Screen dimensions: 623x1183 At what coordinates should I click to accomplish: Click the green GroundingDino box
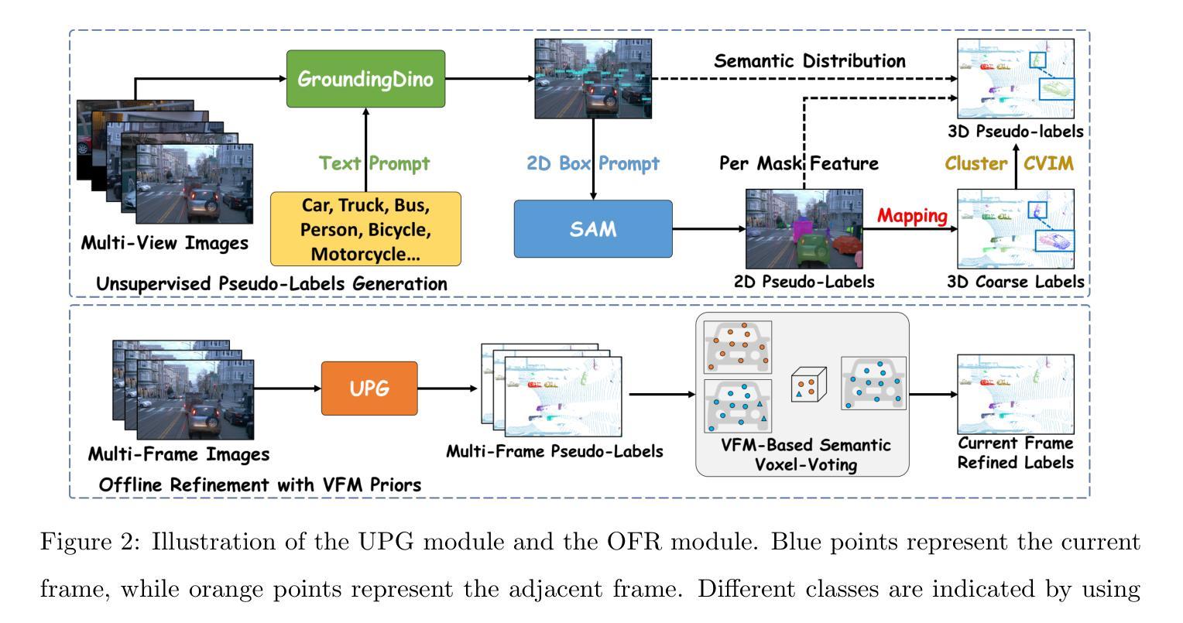[x=365, y=79]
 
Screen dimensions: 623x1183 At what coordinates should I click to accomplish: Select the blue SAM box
[x=593, y=229]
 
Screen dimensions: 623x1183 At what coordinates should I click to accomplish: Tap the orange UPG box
[x=369, y=389]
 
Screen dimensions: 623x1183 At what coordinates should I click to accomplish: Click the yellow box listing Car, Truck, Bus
[x=365, y=229]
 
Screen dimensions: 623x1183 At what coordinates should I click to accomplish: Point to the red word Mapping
[x=912, y=216]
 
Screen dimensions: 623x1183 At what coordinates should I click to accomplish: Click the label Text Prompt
[x=375, y=163]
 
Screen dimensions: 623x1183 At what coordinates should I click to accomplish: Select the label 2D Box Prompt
[x=593, y=163]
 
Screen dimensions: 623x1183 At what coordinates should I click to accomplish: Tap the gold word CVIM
[x=1048, y=163]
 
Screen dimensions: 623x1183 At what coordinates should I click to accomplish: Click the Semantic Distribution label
[x=809, y=60]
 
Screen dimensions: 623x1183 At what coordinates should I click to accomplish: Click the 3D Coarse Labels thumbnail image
[x=1016, y=228]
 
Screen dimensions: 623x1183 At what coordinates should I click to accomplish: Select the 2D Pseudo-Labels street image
[x=804, y=228]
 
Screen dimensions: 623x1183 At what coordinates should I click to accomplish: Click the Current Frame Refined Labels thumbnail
[x=1016, y=393]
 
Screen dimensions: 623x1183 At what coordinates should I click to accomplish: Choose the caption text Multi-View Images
[x=165, y=243]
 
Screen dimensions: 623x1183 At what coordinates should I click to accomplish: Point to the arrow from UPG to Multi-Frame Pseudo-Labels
[x=447, y=389]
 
